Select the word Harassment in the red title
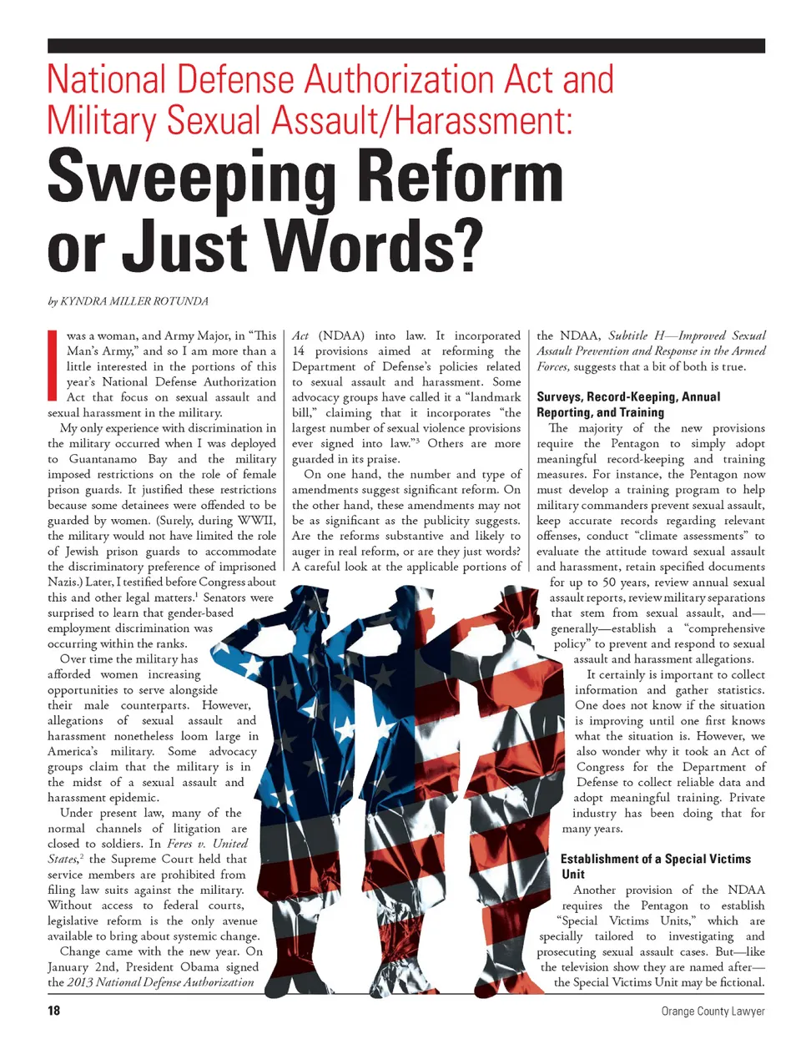pyautogui.click(x=483, y=121)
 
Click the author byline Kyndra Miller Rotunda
pyautogui.click(x=128, y=301)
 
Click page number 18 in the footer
pyautogui.click(x=54, y=1011)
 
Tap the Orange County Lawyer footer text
pyautogui.click(x=713, y=1011)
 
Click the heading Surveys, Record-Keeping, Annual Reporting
pyautogui.click(x=627, y=404)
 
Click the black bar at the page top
pyautogui.click(x=406, y=46)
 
